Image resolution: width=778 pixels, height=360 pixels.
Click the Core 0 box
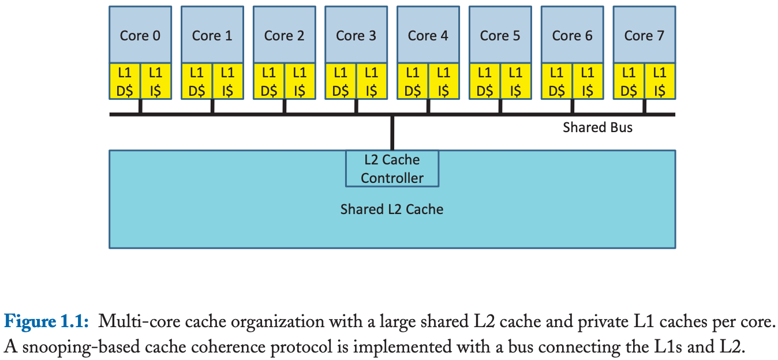click(140, 35)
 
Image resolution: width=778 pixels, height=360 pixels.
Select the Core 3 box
click(356, 35)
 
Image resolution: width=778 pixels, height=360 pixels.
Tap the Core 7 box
click(644, 35)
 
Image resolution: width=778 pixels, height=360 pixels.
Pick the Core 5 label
click(500, 36)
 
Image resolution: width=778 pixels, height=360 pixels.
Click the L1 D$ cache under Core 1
click(197, 81)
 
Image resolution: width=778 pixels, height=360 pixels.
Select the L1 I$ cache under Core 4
click(443, 81)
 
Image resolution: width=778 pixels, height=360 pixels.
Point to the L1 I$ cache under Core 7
click(660, 81)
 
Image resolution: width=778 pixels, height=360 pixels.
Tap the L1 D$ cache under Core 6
click(556, 81)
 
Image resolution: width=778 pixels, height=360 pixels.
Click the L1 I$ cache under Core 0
click(156, 81)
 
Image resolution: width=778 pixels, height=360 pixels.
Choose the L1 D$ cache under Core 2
click(268, 81)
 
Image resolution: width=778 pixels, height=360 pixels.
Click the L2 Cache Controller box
click(392, 168)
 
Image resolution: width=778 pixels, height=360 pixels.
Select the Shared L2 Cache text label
click(392, 209)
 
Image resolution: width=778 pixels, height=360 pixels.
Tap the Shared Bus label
click(597, 127)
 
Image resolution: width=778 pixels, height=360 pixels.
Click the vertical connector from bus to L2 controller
click(392, 133)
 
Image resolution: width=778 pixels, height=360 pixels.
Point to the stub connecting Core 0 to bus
click(140, 106)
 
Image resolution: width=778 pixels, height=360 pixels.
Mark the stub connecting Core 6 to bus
click(572, 106)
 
